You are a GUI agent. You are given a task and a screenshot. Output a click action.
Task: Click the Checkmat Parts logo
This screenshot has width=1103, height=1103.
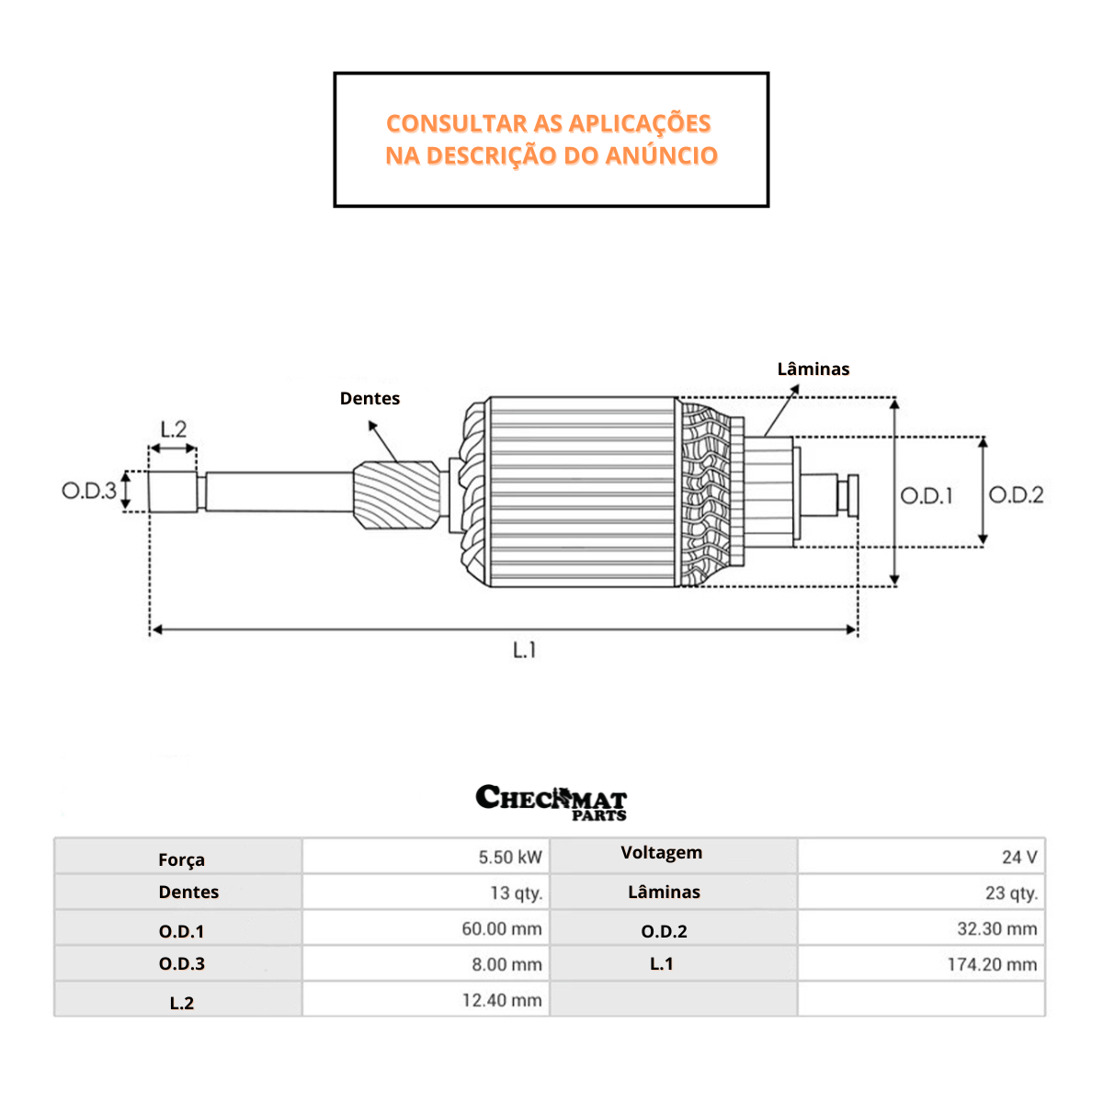[x=551, y=802]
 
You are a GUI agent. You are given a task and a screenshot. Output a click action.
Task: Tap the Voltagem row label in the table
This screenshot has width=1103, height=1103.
[x=661, y=853]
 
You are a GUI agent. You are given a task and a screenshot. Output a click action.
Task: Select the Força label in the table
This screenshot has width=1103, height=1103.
[x=181, y=860]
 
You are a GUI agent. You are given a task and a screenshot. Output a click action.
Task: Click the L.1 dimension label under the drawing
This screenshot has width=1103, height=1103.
[x=524, y=651]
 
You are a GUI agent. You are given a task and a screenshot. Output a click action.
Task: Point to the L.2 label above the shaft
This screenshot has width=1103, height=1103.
[x=173, y=429]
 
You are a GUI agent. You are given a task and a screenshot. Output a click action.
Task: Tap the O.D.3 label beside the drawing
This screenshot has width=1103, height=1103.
[x=89, y=491]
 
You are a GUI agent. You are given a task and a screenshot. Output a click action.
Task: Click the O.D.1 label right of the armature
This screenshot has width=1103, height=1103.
[x=927, y=496]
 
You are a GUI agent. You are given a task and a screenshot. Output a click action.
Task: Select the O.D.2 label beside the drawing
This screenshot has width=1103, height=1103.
[x=1016, y=495]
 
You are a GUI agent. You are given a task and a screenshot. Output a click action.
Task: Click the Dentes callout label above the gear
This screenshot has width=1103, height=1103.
[x=370, y=399]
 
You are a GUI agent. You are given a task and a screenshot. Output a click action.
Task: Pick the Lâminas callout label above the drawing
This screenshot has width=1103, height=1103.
[x=813, y=370]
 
